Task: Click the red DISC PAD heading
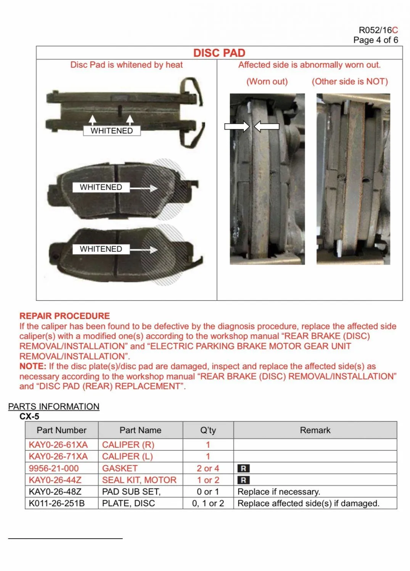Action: (219, 53)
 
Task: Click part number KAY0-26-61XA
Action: (58, 445)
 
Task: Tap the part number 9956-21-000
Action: (53, 468)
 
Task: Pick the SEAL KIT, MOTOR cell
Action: (139, 480)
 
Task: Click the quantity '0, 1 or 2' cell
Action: (208, 503)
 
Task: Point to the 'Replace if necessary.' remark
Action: (279, 492)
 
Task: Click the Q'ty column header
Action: (208, 430)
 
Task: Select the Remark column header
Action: (315, 430)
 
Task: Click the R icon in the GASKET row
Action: (243, 469)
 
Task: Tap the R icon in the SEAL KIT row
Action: (243, 480)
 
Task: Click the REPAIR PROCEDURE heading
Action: (64, 316)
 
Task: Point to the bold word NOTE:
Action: (33, 366)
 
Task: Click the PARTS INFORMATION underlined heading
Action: (54, 407)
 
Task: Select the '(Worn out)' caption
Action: (267, 81)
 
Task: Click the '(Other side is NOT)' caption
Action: (350, 81)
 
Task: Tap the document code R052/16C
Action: (378, 30)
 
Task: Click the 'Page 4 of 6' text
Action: (375, 40)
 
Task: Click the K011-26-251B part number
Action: (56, 503)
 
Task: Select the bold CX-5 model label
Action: (29, 416)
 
